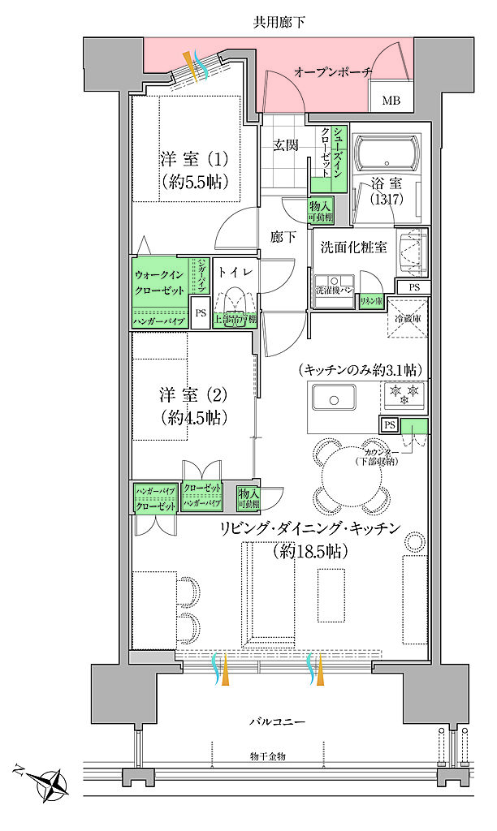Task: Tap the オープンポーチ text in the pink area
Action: (x=333, y=72)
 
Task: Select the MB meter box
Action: (x=391, y=101)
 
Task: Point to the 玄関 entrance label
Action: (x=284, y=145)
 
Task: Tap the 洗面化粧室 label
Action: (x=353, y=245)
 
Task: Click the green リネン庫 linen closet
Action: (x=371, y=300)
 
